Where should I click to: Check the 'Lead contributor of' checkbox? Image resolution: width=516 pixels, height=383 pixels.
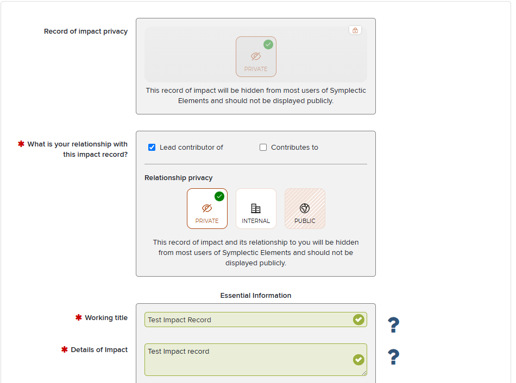pos(152,147)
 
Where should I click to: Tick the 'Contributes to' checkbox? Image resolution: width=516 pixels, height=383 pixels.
pos(263,147)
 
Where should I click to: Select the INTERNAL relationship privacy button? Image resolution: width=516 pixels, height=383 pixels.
pos(256,208)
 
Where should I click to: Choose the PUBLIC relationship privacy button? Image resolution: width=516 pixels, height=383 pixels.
pos(305,208)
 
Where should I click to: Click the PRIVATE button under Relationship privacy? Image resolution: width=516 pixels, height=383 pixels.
pos(207,208)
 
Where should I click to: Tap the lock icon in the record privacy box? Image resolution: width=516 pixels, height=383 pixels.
pos(355,30)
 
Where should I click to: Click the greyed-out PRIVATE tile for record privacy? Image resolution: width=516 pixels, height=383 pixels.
pos(256,56)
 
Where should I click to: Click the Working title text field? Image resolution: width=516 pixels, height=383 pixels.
pos(247,320)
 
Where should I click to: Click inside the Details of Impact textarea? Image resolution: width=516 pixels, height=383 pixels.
pos(247,360)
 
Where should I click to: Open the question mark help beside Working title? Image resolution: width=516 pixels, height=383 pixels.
pos(393,325)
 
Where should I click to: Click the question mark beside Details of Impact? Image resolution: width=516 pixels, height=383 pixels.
pos(393,357)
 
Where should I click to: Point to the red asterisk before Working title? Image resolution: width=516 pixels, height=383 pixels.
pos(78,317)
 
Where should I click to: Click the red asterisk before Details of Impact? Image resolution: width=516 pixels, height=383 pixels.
pos(64,349)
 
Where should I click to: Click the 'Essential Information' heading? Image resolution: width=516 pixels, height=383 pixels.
pos(256,295)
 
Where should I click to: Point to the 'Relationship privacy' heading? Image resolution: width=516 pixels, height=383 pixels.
pos(178,177)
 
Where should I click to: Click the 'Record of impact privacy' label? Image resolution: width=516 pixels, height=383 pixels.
pos(86,31)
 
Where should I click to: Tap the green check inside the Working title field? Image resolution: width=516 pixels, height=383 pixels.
pos(358,320)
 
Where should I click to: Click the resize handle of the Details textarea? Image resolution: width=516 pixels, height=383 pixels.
pos(364,373)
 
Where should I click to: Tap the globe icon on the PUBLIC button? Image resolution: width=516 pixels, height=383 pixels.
pos(305,208)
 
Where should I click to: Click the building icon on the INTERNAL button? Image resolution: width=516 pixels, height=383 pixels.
pos(256,208)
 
